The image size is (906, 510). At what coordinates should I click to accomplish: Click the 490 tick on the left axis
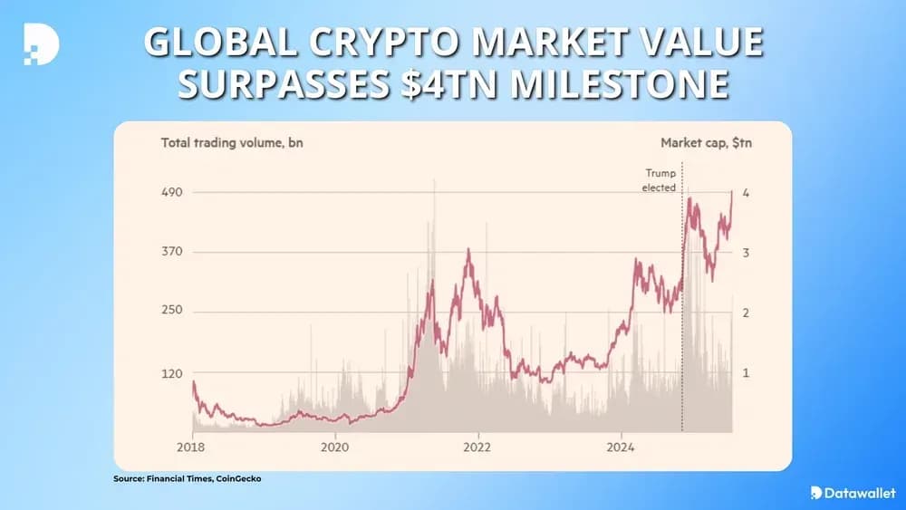click(x=172, y=193)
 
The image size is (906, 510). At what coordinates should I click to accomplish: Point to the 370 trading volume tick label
click(x=172, y=252)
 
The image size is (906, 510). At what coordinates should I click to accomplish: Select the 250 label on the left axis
click(x=172, y=311)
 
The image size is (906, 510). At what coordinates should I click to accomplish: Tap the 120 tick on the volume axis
click(x=172, y=373)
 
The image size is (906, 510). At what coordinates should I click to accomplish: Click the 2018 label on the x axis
click(x=192, y=447)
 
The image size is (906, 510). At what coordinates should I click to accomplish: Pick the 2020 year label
click(x=335, y=447)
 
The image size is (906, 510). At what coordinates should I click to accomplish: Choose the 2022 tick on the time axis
click(x=477, y=447)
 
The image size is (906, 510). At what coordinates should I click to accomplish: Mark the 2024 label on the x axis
click(x=621, y=447)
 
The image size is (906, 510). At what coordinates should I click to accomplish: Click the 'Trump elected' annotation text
click(x=660, y=180)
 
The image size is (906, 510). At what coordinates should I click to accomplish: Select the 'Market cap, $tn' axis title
click(x=707, y=143)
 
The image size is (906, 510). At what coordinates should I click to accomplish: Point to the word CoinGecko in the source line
click(x=237, y=478)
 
